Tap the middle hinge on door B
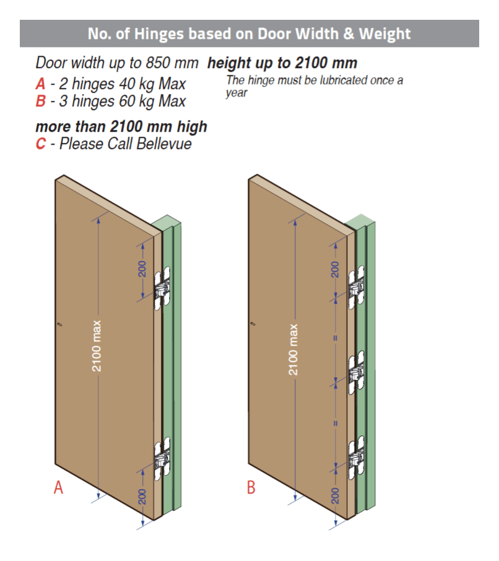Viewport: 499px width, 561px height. [356, 372]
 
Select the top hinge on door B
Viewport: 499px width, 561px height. [356, 287]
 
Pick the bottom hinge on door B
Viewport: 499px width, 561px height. [356, 457]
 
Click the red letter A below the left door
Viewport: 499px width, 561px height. [58, 487]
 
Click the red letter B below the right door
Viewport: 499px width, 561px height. [251, 487]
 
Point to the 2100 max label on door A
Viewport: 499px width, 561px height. [97, 346]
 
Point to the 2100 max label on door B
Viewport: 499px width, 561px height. [293, 349]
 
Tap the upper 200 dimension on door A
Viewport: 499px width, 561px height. [142, 269]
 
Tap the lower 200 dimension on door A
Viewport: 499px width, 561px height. [142, 497]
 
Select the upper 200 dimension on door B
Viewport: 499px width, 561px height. [335, 270]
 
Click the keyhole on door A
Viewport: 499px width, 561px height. [59, 325]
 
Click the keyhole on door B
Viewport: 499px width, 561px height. [253, 323]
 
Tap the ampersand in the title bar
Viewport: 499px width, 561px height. [349, 33]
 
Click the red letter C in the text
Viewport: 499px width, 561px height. [40, 144]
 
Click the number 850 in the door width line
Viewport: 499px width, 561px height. [158, 63]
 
